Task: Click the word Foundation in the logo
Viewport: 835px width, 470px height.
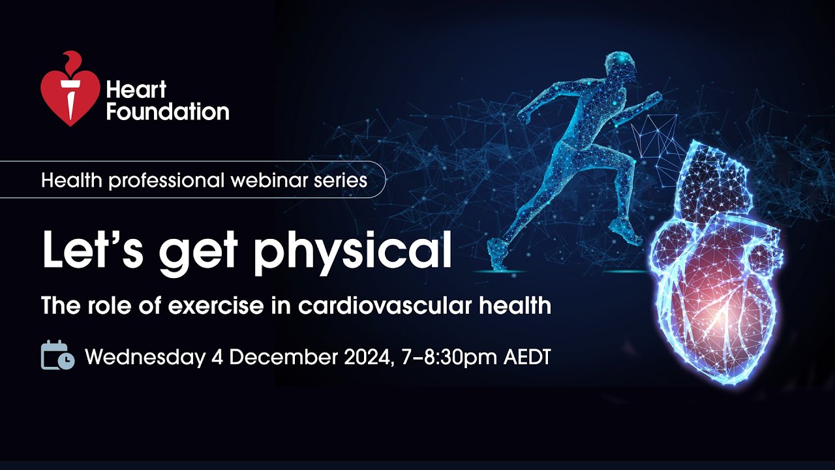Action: pyautogui.click(x=168, y=111)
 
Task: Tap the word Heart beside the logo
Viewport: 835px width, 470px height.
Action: pyautogui.click(x=136, y=89)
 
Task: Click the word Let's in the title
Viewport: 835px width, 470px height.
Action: pyautogui.click(x=89, y=251)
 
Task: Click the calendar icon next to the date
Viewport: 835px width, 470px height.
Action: pyautogui.click(x=57, y=356)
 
